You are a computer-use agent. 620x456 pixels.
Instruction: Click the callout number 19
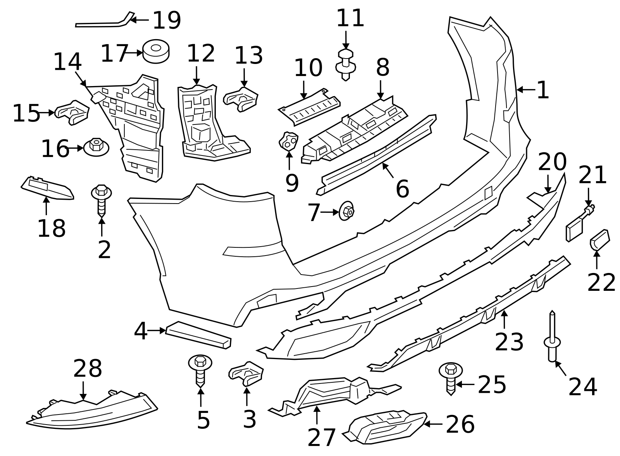point(167,20)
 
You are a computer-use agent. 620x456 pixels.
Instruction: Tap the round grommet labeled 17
point(156,51)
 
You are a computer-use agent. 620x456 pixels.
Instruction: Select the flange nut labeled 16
point(96,147)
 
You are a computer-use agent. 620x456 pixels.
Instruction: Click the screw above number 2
point(102,200)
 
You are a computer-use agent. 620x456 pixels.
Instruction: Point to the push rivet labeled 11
point(346,64)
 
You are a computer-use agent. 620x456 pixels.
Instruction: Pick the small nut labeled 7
point(346,212)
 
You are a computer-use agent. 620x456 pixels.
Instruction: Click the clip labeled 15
point(72,112)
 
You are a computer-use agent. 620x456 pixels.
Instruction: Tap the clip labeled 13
point(241,99)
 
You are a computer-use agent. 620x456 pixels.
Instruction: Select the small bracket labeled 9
point(289,142)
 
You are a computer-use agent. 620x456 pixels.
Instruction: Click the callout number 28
point(88,369)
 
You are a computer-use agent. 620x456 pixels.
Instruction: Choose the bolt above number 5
point(200,370)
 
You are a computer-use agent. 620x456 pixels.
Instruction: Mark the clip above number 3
point(246,373)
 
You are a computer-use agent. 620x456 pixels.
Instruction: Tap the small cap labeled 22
point(599,240)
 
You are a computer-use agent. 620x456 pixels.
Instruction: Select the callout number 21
point(592,175)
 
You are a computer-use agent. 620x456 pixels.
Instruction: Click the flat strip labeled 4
point(198,335)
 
